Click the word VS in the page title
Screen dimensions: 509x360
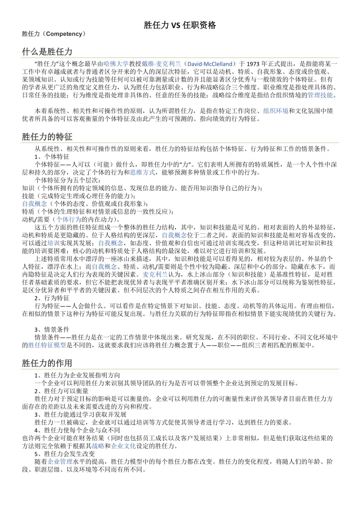pos(176,26)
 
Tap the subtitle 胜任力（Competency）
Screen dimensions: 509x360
pos(54,34)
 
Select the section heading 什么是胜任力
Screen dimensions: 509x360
pos(47,52)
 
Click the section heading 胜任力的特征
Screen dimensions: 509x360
pos(47,136)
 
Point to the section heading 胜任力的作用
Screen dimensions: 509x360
pos(47,363)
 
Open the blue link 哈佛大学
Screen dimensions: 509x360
pos(116,64)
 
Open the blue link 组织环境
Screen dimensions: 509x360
pos(276,111)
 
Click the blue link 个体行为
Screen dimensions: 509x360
pos(69,219)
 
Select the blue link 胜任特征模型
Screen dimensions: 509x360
pos(47,345)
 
